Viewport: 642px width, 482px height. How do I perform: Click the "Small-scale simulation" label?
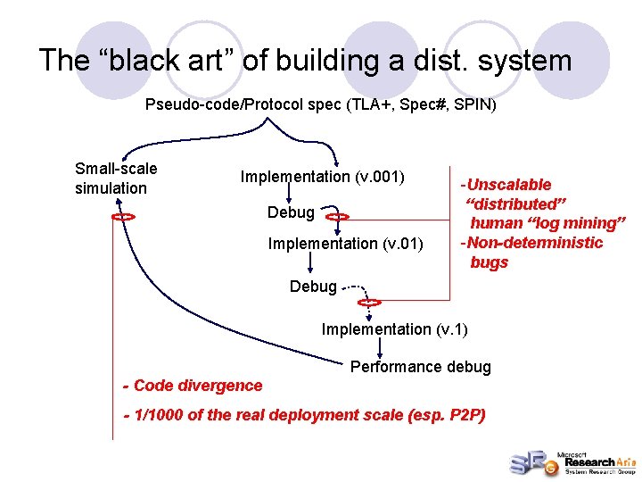pyautogui.click(x=116, y=178)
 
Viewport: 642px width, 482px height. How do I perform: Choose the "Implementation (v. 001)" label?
pyautogui.click(x=323, y=176)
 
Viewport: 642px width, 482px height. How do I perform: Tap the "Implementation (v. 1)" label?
pyautogui.click(x=394, y=329)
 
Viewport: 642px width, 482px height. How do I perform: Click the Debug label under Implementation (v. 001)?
pyautogui.click(x=291, y=212)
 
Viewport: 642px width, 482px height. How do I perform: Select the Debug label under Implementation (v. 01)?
pyautogui.click(x=313, y=287)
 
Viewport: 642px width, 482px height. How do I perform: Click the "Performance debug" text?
pyautogui.click(x=420, y=367)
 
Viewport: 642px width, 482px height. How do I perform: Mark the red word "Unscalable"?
pyautogui.click(x=509, y=185)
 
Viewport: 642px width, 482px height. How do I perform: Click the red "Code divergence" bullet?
pyautogui.click(x=193, y=386)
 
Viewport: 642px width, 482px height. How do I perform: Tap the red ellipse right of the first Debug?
pyautogui.click(x=337, y=216)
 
